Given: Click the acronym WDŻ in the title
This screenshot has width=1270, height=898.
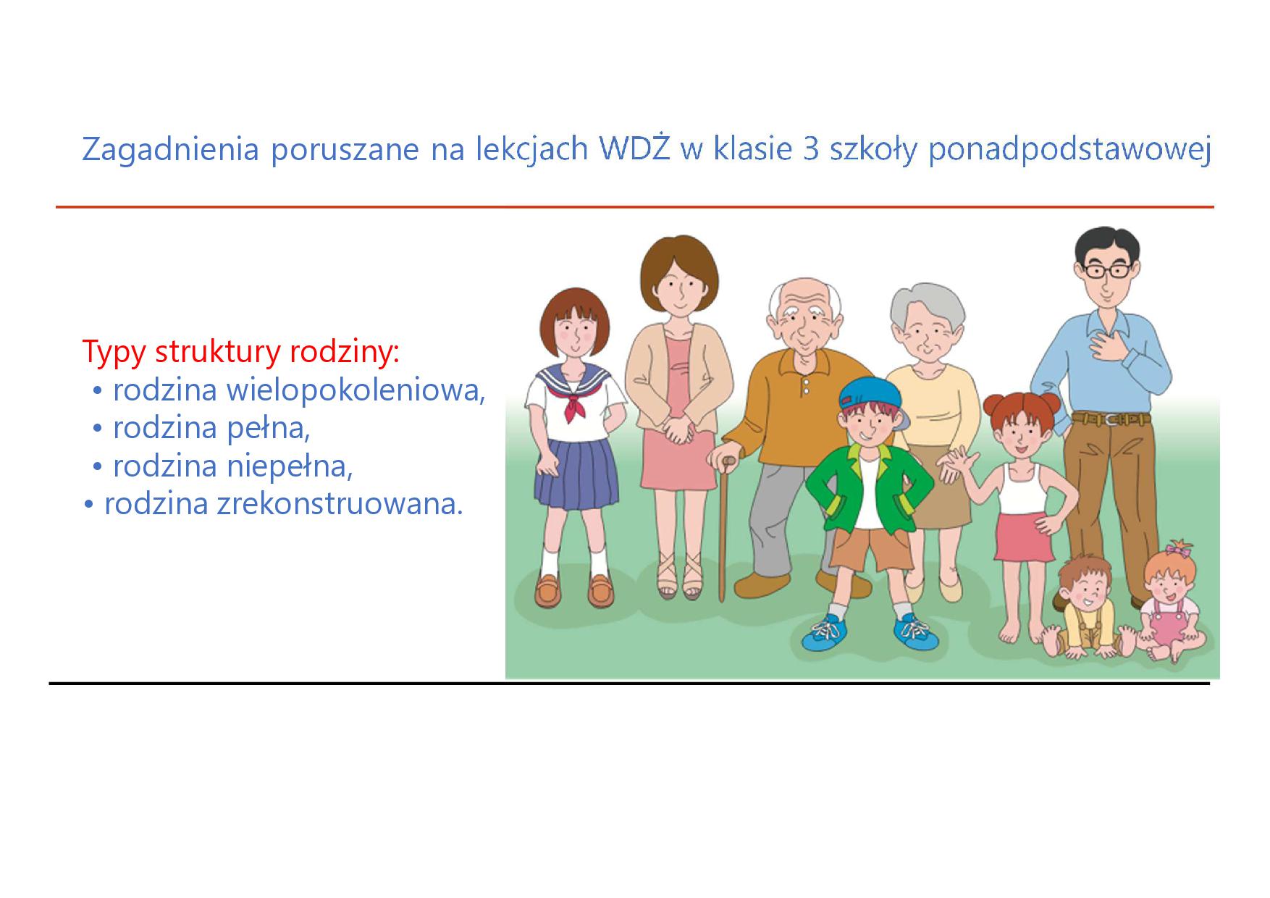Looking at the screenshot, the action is point(634,148).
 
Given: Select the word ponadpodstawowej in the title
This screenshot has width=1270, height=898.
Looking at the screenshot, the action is point(1069,151).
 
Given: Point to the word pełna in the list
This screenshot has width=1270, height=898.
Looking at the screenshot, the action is point(269,427).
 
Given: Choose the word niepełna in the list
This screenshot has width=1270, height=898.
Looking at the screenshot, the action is point(290,466).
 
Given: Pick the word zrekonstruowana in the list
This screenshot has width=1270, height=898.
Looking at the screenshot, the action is point(340,503).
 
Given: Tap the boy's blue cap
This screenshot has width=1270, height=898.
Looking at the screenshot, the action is point(872,395).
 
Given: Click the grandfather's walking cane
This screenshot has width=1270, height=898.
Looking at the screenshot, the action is point(722,529).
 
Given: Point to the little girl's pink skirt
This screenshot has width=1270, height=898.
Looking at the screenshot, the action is point(1024,537).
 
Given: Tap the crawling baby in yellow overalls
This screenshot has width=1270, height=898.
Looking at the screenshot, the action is point(1084,609).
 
